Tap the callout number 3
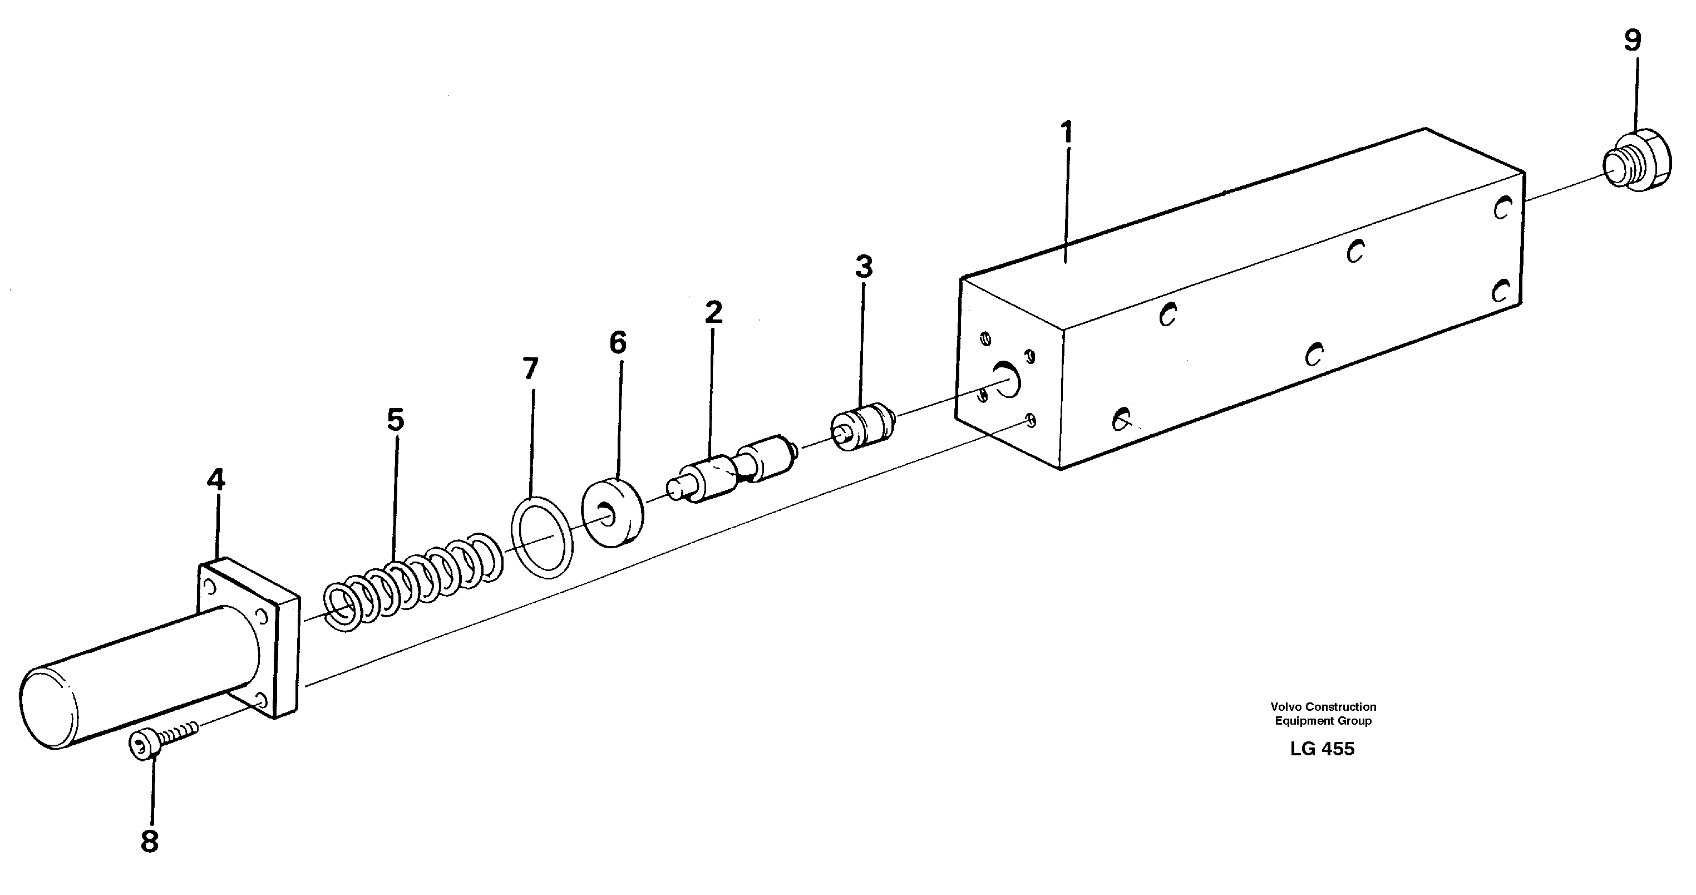click(863, 267)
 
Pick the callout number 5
click(395, 420)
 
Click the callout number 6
click(618, 342)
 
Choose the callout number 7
click(530, 369)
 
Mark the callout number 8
click(150, 842)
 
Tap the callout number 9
click(1632, 41)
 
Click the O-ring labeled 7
click(541, 537)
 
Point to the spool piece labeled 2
click(731, 471)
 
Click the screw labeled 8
click(161, 736)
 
